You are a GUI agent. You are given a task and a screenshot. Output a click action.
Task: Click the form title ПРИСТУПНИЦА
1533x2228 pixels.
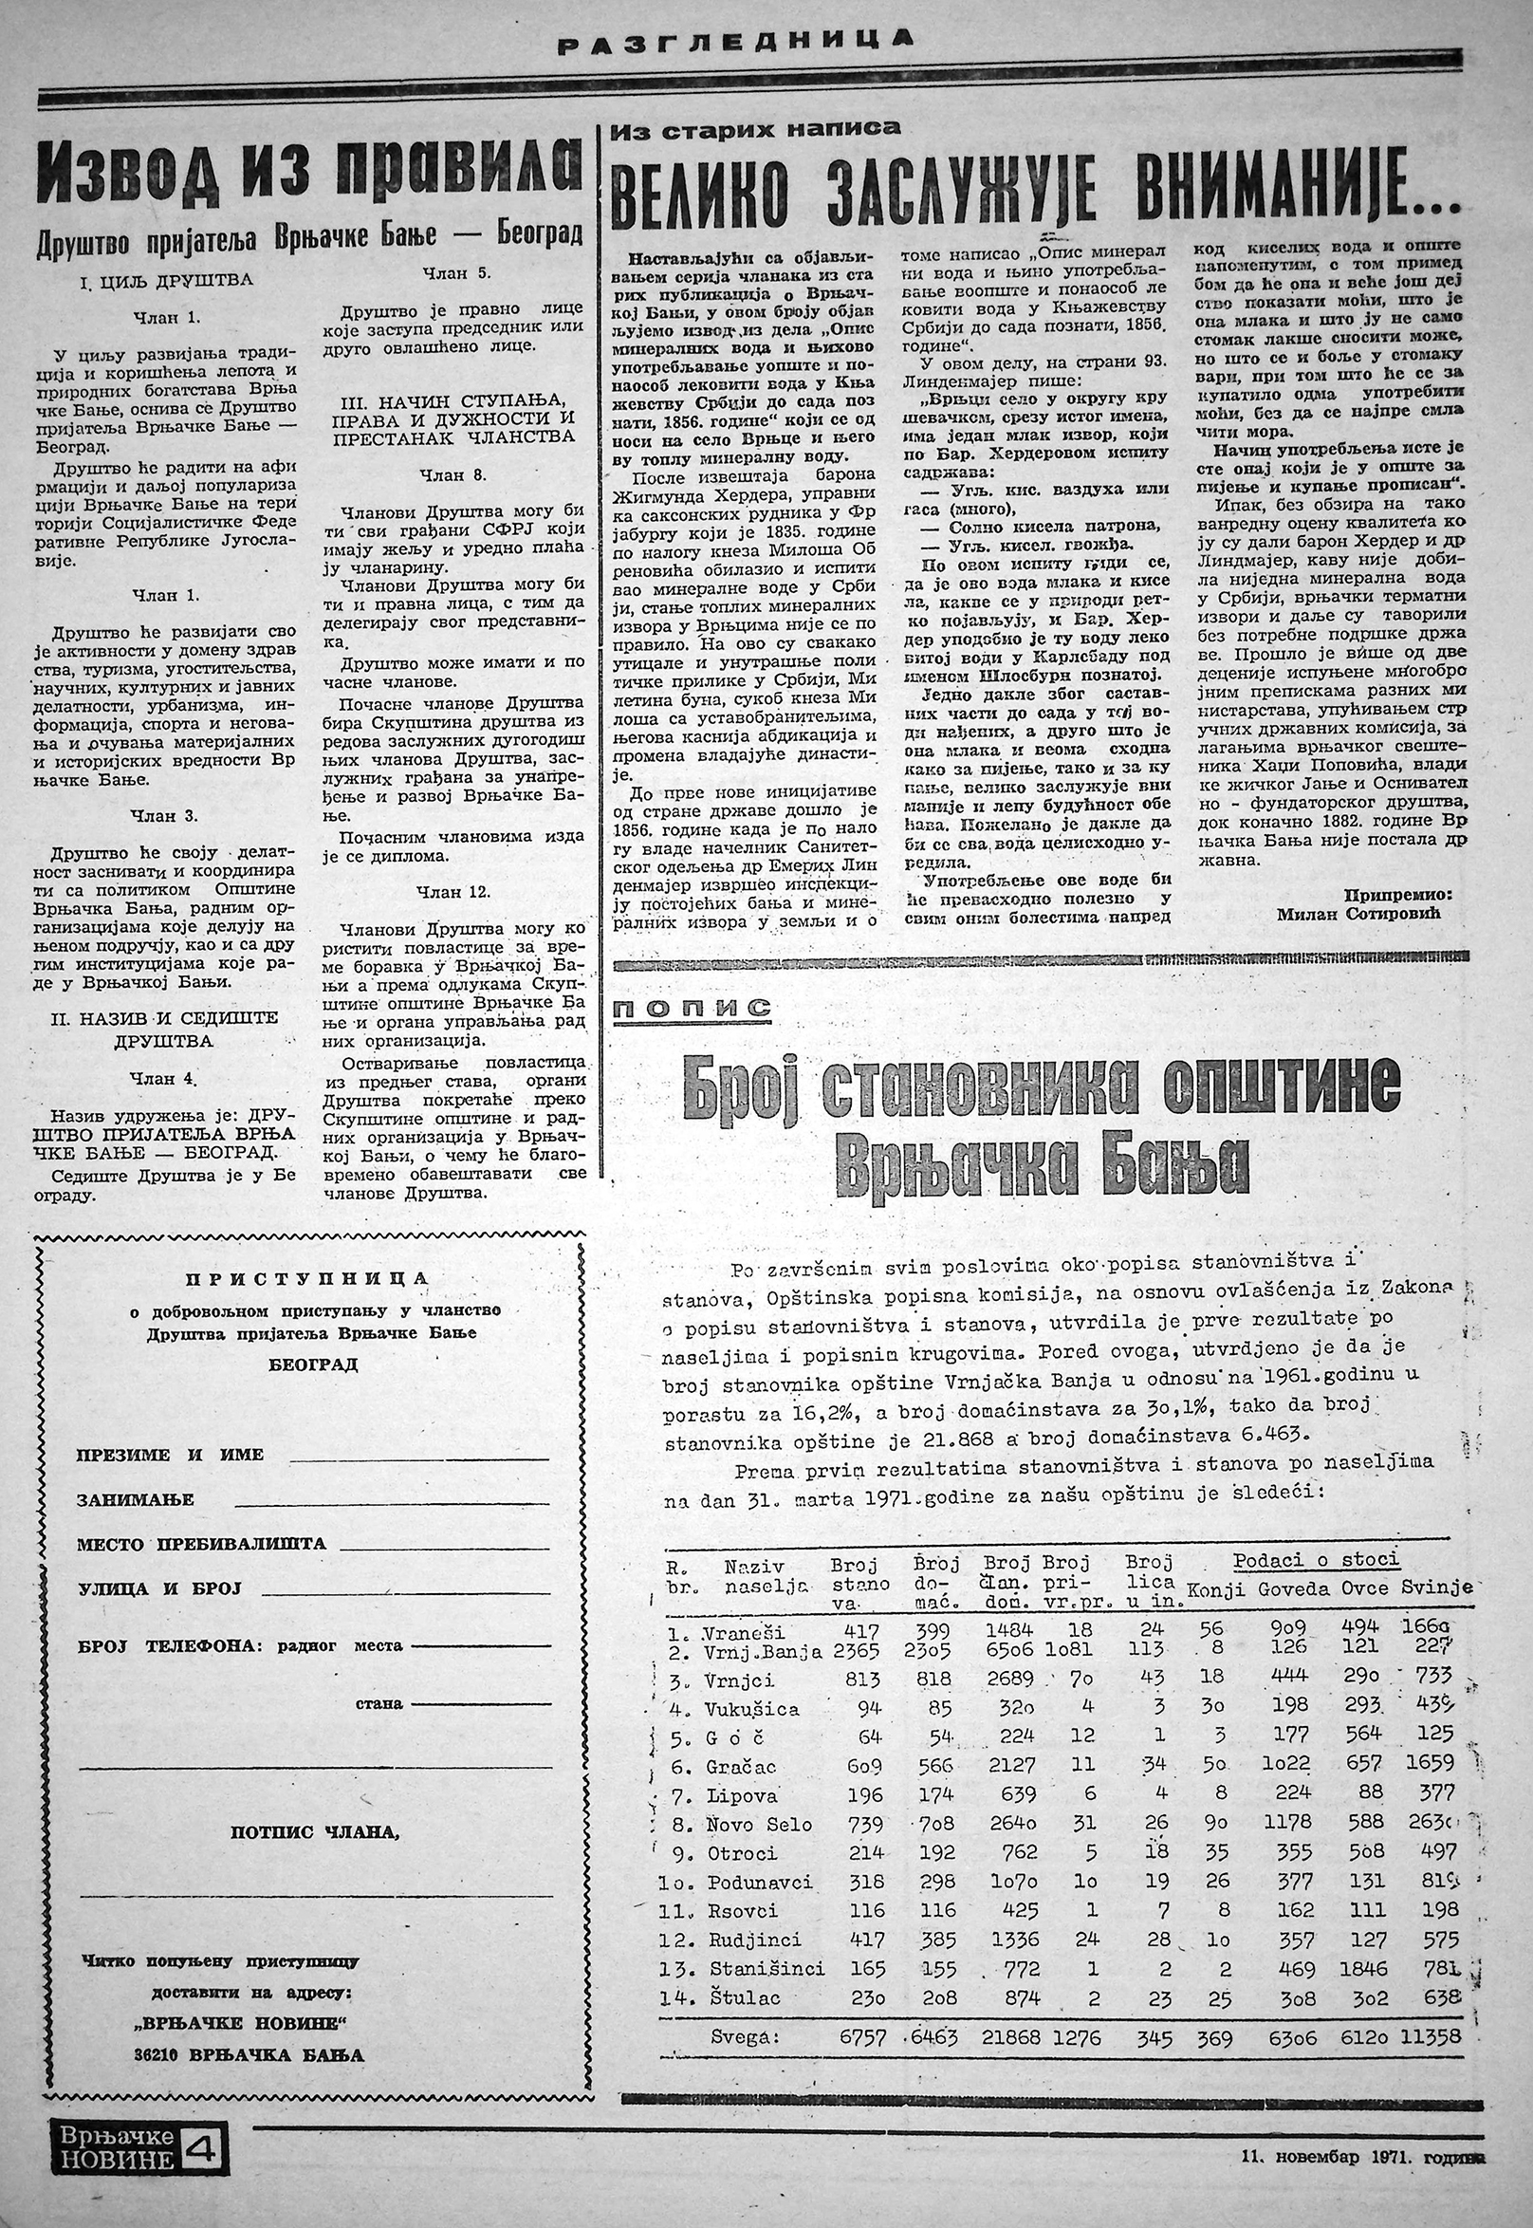(x=307, y=1278)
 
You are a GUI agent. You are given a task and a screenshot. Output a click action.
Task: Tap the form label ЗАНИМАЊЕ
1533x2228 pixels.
(x=136, y=1500)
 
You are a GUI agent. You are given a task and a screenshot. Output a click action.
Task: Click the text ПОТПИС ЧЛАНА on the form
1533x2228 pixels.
(x=313, y=1832)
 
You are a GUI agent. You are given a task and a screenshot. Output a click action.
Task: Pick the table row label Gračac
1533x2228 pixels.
(x=743, y=1767)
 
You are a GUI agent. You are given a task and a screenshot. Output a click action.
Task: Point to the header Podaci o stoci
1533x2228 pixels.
(x=1316, y=1560)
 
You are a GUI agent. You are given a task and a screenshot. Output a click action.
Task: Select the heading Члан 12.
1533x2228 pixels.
(x=453, y=892)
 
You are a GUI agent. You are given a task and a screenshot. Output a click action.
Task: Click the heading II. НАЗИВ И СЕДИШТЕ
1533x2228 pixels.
(x=163, y=1017)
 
